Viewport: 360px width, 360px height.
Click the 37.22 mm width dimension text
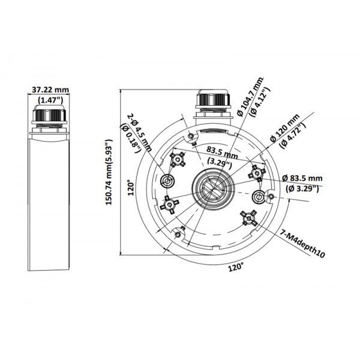pos(50,90)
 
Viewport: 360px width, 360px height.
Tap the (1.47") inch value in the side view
pos(50,100)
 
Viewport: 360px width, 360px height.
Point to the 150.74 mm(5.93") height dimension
pos(109,174)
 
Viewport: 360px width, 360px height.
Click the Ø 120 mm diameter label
pos(281,128)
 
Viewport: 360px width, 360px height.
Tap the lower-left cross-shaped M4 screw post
pos(170,206)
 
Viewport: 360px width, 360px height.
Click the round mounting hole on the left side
pos(167,181)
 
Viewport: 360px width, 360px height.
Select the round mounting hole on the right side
pos(260,197)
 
